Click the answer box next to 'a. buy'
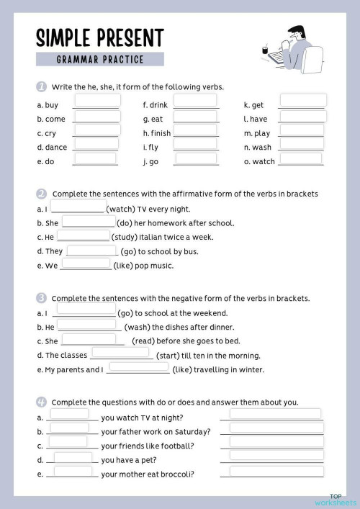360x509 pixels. click(96, 101)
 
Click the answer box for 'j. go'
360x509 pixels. click(196, 158)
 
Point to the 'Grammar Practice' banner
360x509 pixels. click(100, 59)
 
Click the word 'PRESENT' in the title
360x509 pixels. click(127, 37)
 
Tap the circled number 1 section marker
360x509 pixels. click(42, 86)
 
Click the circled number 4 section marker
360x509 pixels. click(42, 401)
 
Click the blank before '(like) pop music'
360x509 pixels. click(86, 263)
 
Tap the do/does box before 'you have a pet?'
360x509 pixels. click(73, 457)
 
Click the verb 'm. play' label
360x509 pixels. click(257, 133)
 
